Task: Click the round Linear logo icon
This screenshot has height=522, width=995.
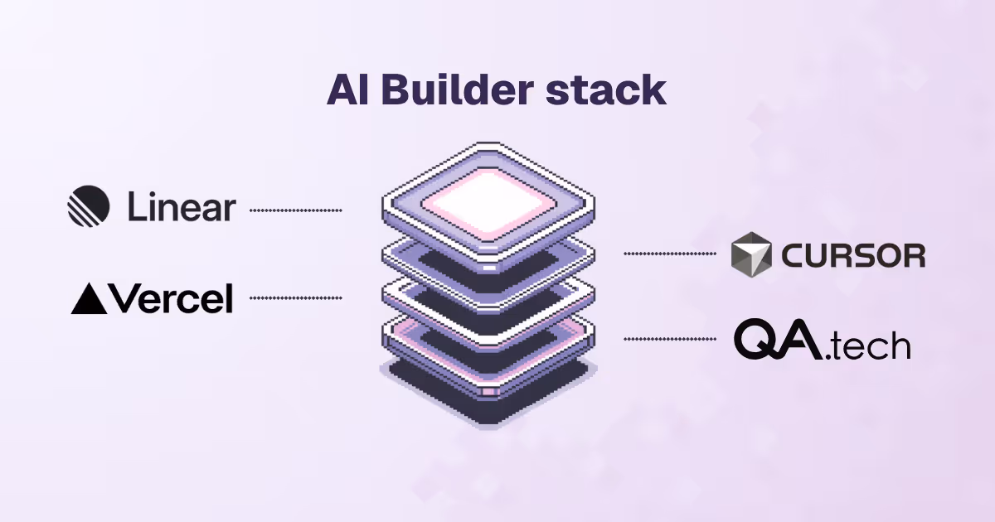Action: pos(89,206)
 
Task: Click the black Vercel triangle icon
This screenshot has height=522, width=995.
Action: pos(89,299)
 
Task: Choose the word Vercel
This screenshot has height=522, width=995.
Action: pos(171,299)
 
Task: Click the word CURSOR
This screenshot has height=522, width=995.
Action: pos(853,255)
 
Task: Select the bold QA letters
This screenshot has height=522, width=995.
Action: pos(780,341)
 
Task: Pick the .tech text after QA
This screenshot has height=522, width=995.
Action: pos(870,346)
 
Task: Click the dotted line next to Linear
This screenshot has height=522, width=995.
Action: pos(295,211)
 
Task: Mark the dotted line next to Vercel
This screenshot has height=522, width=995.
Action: pos(295,297)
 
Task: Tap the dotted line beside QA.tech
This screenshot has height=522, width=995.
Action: pos(669,338)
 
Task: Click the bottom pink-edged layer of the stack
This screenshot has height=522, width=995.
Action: pos(488,348)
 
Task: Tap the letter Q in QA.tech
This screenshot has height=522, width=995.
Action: pos(757,341)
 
